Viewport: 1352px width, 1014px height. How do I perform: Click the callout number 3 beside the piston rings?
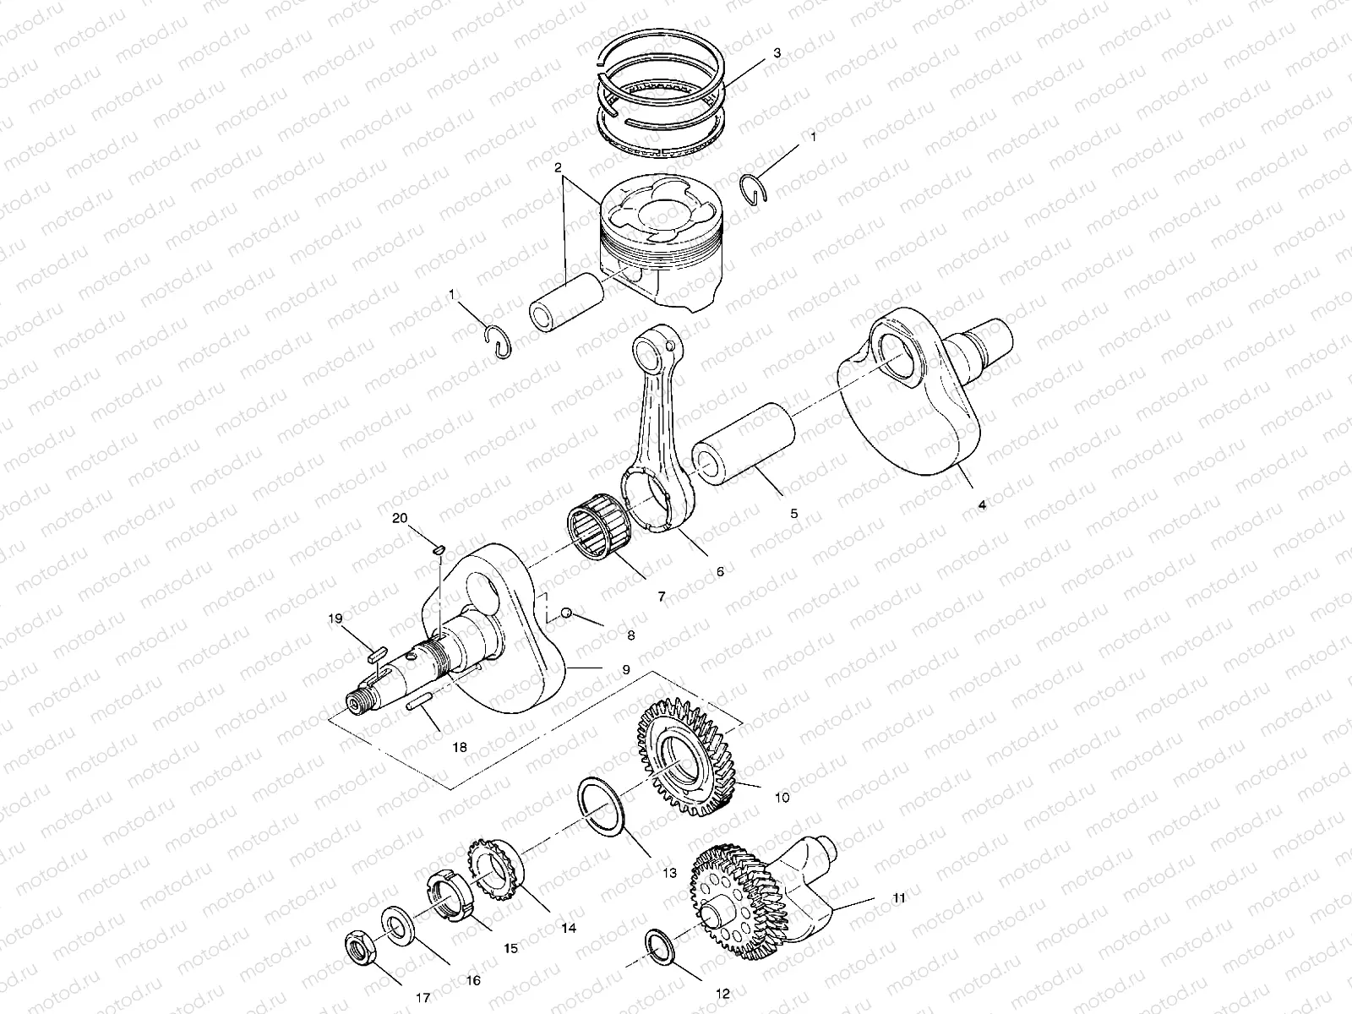click(777, 52)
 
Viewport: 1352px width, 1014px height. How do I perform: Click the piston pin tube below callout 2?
click(565, 303)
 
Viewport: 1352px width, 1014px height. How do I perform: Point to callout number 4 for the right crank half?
click(981, 504)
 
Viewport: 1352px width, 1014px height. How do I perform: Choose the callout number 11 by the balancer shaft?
click(898, 898)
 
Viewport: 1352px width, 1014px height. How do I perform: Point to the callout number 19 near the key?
click(336, 619)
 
